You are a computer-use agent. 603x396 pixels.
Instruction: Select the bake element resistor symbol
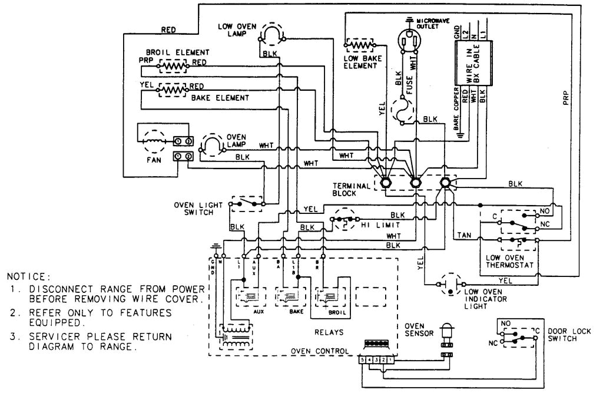(x=171, y=90)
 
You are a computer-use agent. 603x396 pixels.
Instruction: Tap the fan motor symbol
(x=152, y=141)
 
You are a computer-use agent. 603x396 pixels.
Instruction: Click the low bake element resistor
(x=361, y=45)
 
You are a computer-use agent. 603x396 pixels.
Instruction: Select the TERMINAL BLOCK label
(x=351, y=189)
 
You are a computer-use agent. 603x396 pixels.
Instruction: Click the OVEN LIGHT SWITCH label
(x=198, y=209)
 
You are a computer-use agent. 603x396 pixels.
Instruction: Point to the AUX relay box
(x=250, y=295)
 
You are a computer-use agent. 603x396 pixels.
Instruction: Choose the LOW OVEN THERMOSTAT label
(x=510, y=262)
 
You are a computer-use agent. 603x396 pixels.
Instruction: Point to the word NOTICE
(x=29, y=276)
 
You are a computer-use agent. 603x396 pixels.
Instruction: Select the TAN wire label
(x=463, y=235)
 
